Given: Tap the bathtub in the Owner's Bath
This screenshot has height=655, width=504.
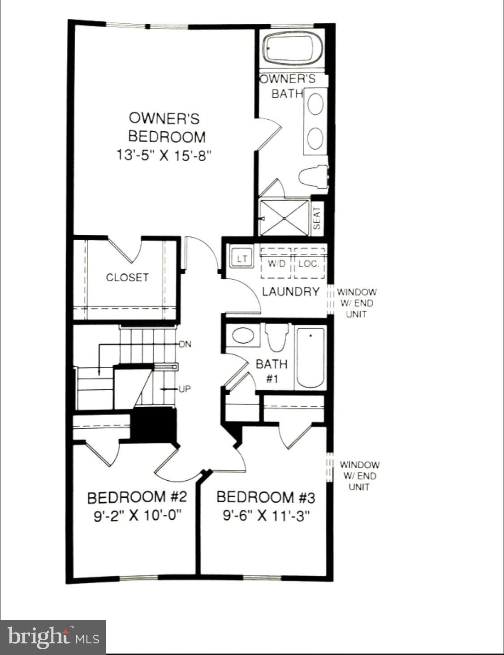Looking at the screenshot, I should pyautogui.click(x=292, y=48).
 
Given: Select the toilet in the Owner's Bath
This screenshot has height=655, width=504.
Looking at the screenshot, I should pyautogui.click(x=313, y=176).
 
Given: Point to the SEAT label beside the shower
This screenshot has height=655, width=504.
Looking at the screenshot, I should pyautogui.click(x=317, y=218).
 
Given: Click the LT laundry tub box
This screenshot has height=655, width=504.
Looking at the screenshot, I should pyautogui.click(x=242, y=259).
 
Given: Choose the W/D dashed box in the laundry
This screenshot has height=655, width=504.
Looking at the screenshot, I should pyautogui.click(x=276, y=263).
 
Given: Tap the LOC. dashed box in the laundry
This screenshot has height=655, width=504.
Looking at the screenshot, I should pyautogui.click(x=309, y=263).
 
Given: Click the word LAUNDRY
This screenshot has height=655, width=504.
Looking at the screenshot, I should pyautogui.click(x=290, y=292).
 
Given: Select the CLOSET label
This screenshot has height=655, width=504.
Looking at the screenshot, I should pyautogui.click(x=127, y=277).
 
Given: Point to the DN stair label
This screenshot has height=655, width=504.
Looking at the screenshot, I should pyautogui.click(x=185, y=345).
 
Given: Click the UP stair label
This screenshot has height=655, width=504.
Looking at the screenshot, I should pyautogui.click(x=185, y=389).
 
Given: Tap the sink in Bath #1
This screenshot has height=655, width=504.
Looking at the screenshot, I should pyautogui.click(x=243, y=336).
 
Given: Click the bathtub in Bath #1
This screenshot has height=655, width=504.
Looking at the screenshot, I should pyautogui.click(x=310, y=358).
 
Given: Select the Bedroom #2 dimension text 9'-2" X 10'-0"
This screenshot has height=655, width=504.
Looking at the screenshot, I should pyautogui.click(x=137, y=516).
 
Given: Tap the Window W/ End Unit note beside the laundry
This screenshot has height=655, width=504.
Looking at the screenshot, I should pyautogui.click(x=357, y=303).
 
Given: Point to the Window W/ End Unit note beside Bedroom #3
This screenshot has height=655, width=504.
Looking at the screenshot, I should pyautogui.click(x=359, y=476).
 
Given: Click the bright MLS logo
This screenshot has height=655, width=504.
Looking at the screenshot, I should pyautogui.click(x=53, y=637).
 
